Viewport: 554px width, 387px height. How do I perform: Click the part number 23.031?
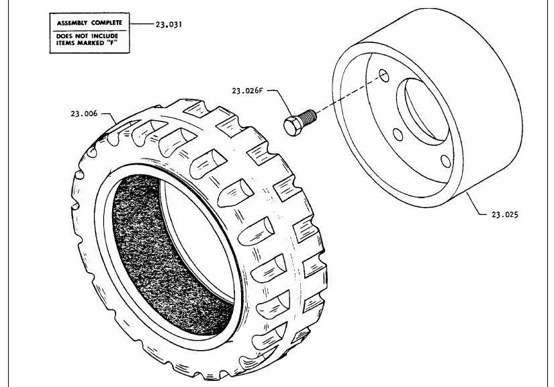point(169,24)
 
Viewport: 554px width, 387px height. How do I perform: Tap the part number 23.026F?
point(247,91)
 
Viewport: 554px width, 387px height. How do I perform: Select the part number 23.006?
point(84,114)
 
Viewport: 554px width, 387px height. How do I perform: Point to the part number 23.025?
point(505,214)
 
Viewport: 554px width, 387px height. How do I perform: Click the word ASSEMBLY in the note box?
point(72,23)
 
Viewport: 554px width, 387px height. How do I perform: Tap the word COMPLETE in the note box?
point(107,23)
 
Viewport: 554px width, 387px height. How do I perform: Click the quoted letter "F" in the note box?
point(112,43)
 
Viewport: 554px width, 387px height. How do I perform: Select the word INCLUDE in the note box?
point(105,36)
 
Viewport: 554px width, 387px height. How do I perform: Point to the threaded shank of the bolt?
point(308,118)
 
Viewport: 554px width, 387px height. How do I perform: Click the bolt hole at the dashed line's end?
point(384,75)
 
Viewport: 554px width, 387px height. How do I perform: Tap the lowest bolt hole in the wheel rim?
point(446,161)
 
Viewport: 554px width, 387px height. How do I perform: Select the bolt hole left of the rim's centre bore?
point(398,134)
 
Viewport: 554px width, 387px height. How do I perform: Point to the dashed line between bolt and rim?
point(348,95)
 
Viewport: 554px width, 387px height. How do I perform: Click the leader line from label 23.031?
point(142,24)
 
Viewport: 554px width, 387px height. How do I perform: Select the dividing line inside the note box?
point(90,31)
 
